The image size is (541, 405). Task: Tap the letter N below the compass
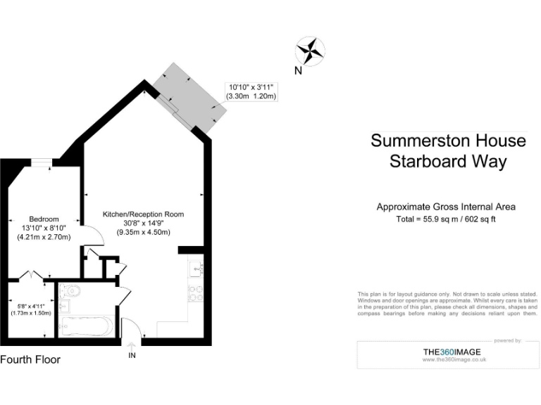298,70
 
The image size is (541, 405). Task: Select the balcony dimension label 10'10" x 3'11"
250,86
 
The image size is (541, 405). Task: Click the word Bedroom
44,219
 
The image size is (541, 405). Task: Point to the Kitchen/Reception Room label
143,214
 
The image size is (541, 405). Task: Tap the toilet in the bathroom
70,290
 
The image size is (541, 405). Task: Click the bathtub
85,326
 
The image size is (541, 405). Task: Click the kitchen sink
196,269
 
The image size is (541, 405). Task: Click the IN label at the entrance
132,356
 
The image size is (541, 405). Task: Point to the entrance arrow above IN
132,345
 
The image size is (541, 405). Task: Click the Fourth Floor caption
30,359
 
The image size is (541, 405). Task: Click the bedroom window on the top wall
42,162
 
